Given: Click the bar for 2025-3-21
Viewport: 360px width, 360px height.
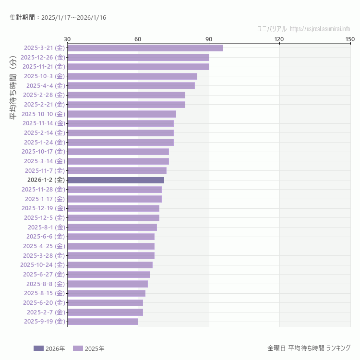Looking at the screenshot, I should coord(145,48).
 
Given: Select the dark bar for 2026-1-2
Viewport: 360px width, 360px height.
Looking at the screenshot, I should coord(116,180).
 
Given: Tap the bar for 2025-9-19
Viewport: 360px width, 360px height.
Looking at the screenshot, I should coord(103,322).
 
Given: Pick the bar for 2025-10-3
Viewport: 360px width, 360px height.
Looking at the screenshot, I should coord(132,76).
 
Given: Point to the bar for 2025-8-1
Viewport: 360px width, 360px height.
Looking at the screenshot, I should coord(112,227).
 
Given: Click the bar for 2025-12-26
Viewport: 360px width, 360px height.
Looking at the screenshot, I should coord(138,57).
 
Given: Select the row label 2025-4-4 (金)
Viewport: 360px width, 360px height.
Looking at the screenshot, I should coord(44,85).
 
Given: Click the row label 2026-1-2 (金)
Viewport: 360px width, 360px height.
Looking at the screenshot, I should coord(46,180).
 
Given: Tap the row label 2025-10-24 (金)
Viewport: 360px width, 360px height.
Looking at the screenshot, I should coord(43,265).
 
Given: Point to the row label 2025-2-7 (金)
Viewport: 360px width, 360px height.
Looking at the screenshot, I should coord(44,312).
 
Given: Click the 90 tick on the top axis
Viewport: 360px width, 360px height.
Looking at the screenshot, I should coord(209,39).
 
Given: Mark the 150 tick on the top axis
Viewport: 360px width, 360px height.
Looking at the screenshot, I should coord(350,39).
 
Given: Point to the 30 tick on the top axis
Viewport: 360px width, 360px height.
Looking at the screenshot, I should coord(67,39).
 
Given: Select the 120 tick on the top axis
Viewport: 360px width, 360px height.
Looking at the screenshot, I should coord(279,39).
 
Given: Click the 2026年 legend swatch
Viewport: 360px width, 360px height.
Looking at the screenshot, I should coord(38,348).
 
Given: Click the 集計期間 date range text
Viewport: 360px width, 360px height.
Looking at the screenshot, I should coord(58,18).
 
